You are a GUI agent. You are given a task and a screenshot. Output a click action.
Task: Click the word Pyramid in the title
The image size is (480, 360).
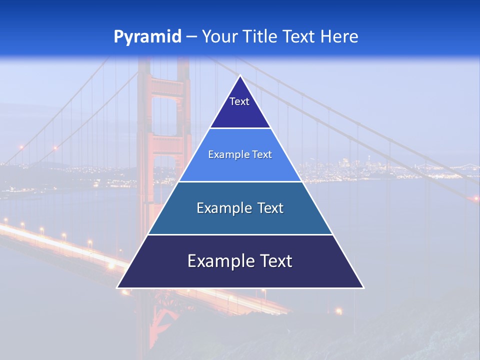click(147, 37)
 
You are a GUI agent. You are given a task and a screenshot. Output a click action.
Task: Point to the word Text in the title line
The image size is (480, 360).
click(299, 37)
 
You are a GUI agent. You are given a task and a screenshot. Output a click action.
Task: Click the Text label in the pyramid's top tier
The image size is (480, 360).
click(239, 101)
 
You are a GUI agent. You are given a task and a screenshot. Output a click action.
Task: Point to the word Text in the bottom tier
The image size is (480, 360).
click(275, 261)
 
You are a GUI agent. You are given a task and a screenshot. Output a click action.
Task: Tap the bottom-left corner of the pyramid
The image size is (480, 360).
click(118, 287)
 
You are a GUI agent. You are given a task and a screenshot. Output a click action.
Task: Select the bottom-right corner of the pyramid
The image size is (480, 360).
click(363, 287)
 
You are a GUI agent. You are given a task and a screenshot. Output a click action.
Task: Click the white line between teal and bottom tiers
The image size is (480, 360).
click(240, 234)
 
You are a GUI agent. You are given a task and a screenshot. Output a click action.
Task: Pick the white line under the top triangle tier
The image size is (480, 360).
click(240, 128)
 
